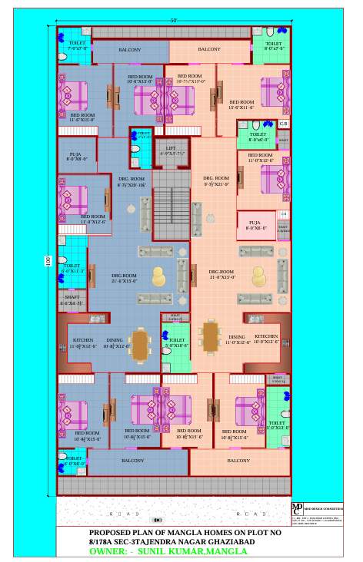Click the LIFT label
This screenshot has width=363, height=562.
(x=171, y=147)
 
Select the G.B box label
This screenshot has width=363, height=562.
(x=283, y=124)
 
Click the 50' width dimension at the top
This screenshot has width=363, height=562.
(x=174, y=19)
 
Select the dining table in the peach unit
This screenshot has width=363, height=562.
(x=209, y=335)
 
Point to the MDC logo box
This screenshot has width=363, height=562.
(x=298, y=510)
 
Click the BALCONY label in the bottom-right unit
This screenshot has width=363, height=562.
(x=238, y=461)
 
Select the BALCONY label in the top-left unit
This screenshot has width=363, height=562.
(x=129, y=50)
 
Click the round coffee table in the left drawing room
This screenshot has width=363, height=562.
(x=158, y=276)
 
